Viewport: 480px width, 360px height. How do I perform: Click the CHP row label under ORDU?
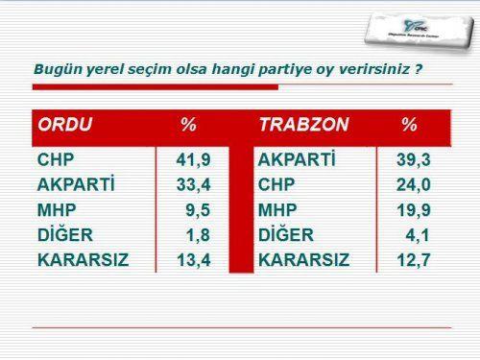click(56, 158)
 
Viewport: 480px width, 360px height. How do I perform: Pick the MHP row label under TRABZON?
click(278, 209)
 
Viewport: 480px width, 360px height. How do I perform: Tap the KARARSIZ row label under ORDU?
click(82, 259)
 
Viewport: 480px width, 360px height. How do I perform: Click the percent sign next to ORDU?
click(188, 126)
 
